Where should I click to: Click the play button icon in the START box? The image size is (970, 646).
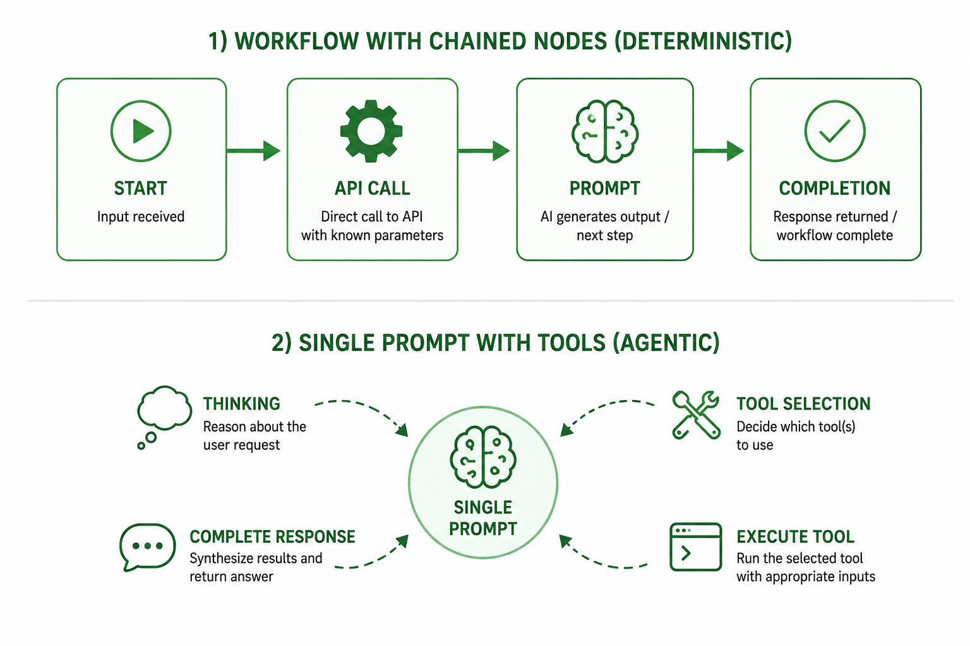141,131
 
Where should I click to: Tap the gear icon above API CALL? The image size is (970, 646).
371,131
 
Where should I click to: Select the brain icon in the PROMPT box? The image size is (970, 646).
605,131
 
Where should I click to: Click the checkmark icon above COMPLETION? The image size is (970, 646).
835,131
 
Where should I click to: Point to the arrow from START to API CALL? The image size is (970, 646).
254,151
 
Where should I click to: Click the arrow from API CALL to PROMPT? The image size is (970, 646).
484,151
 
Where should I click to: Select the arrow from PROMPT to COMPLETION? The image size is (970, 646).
719,151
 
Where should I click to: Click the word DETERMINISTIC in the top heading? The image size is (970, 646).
703,42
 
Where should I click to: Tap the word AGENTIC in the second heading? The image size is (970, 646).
666,343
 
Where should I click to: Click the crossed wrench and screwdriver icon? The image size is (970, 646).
697,415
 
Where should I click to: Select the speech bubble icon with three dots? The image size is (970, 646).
147,547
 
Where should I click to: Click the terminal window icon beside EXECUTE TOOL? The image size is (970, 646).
695,546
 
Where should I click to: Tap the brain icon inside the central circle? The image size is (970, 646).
483,457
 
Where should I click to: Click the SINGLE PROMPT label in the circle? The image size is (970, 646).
483,518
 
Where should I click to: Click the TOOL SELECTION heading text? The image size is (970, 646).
804,404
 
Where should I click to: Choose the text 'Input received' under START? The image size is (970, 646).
141,216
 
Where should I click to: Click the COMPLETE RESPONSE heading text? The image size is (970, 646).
272,536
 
